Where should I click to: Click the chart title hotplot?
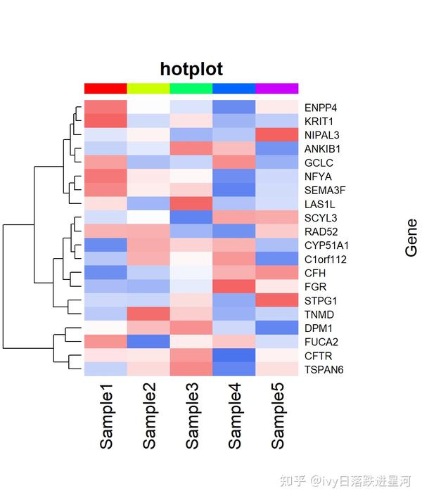click(x=191, y=69)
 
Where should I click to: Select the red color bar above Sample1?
click(x=105, y=88)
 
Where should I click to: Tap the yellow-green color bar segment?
click(x=148, y=88)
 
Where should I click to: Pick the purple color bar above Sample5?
click(x=277, y=88)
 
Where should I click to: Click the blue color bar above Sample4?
click(x=234, y=88)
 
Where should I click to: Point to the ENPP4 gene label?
click(x=320, y=108)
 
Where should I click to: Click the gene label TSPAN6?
click(x=324, y=369)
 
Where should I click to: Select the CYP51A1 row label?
click(x=327, y=245)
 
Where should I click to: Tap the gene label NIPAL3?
click(x=322, y=135)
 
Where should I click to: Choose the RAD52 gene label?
click(x=321, y=231)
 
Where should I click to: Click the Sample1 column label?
click(x=106, y=415)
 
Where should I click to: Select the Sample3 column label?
click(x=192, y=415)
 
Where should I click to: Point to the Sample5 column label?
click(x=277, y=415)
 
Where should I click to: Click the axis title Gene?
click(x=411, y=238)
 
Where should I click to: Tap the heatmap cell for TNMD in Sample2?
click(x=148, y=314)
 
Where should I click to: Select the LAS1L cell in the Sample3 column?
click(x=191, y=204)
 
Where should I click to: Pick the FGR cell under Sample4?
click(x=234, y=286)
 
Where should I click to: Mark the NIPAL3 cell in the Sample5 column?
click(x=277, y=135)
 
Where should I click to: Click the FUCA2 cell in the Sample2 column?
click(x=148, y=342)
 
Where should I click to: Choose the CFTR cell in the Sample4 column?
click(x=234, y=355)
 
